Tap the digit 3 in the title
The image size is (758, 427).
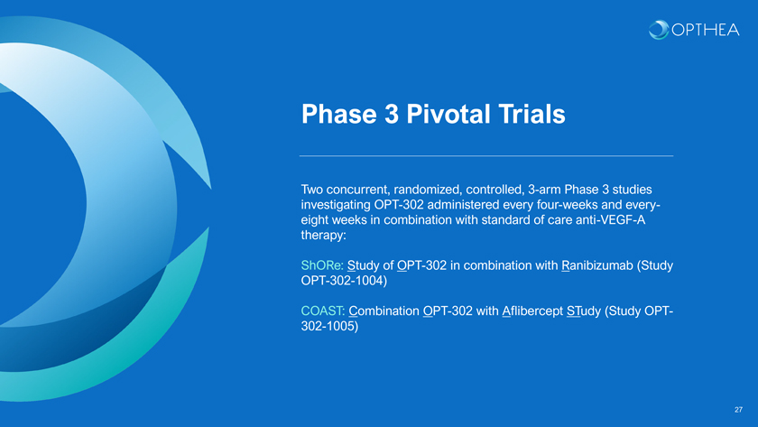coord(392,114)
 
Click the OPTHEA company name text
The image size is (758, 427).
coord(706,30)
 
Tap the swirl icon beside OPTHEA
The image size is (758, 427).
coord(659,30)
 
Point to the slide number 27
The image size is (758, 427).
coord(738,410)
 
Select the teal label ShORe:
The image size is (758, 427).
coord(322,265)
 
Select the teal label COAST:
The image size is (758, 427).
coord(323,311)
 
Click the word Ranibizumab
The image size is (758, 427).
coord(597,265)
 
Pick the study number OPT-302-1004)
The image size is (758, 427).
coord(344,281)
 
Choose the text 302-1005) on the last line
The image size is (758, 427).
coord(329,327)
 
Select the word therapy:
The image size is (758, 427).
coord(323,236)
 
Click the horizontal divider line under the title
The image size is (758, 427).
coord(486,156)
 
